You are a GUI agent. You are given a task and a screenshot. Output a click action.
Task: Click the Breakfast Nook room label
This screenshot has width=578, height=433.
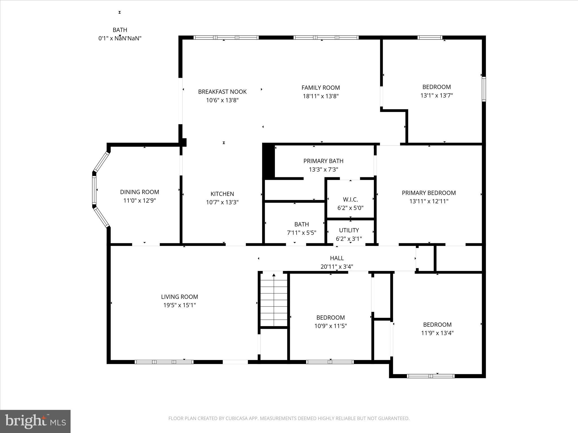pos(222,92)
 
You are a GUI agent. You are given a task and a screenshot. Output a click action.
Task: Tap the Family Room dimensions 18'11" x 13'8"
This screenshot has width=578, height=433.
pos(321,96)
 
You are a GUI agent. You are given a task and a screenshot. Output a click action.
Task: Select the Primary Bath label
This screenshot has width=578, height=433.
pos(323,161)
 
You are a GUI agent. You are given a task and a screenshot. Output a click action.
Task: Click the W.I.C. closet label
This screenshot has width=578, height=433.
pos(350,200)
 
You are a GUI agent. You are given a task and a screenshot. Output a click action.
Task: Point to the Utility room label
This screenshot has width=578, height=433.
pos(349,230)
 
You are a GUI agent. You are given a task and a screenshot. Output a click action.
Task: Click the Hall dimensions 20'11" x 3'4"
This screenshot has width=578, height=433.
pos(337,267)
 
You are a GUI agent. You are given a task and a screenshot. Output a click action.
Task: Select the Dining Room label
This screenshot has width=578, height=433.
pos(139,192)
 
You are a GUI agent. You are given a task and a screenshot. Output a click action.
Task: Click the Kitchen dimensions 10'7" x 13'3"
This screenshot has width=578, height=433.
pos(222,202)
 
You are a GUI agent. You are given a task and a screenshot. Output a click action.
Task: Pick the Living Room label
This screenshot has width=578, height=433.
pos(179,297)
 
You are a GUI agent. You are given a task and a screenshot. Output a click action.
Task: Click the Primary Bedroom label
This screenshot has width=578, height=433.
pos(428,193)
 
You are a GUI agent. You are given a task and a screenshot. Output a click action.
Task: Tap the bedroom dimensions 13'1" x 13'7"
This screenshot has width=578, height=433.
pos(436,96)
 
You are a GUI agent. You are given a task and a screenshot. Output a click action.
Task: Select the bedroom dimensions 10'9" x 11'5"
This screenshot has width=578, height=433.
pos(330,326)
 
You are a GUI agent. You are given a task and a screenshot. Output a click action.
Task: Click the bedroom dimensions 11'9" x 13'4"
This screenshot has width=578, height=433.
pos(437,333)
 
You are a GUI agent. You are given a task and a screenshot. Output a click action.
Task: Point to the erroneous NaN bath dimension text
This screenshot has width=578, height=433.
pos(120,38)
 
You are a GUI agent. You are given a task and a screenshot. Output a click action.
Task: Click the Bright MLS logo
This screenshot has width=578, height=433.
pos(35,421)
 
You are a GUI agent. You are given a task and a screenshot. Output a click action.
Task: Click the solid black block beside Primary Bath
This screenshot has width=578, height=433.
pos(268,161)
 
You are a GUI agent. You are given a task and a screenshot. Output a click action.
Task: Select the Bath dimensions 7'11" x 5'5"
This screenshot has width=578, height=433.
pos(301,233)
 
